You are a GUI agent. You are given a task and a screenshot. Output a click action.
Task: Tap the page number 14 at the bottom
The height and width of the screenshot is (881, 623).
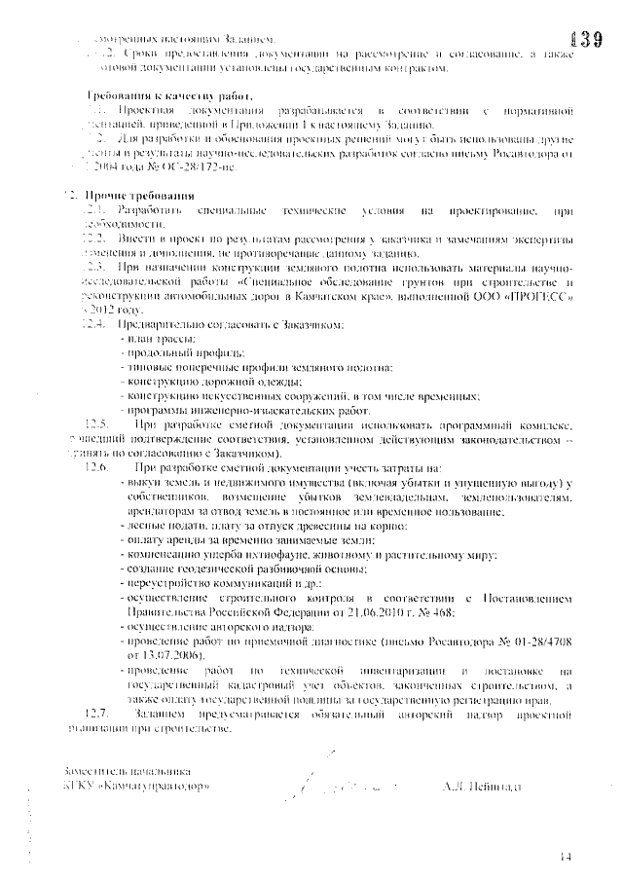(567, 857)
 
